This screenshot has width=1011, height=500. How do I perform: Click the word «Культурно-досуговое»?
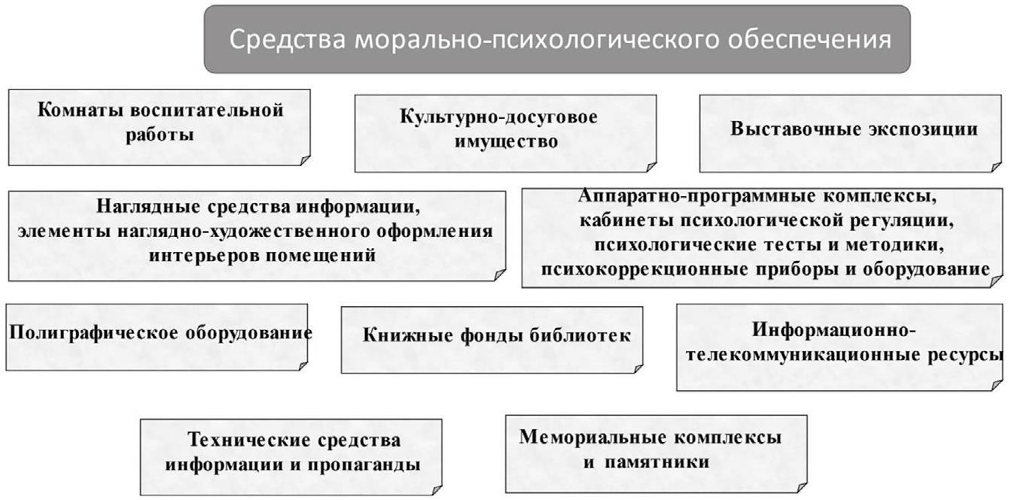click(x=498, y=117)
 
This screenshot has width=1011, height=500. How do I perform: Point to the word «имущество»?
click(x=506, y=141)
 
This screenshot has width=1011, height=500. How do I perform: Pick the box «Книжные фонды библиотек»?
click(x=492, y=339)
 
